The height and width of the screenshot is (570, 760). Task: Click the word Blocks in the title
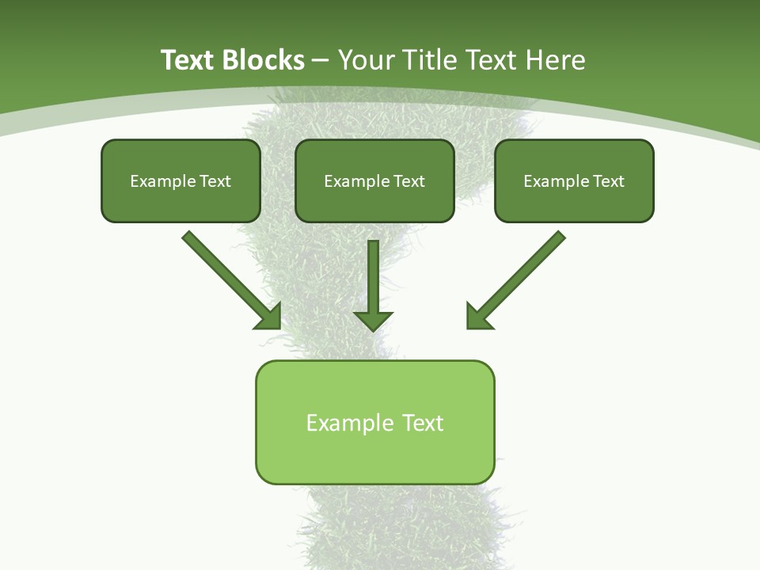(264, 60)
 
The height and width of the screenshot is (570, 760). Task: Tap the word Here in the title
(555, 60)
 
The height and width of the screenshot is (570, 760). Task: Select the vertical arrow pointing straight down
(373, 277)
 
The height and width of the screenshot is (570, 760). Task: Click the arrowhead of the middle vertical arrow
(373, 320)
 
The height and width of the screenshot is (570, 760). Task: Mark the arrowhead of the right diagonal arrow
(478, 316)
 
